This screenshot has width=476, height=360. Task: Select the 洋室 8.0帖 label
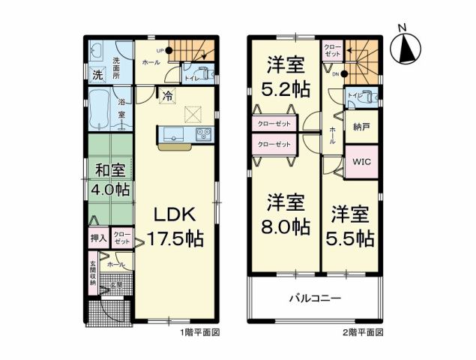286,214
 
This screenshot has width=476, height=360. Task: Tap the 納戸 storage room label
362,125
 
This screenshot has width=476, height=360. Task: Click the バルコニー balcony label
315,298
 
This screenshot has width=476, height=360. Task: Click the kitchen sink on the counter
170,135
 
